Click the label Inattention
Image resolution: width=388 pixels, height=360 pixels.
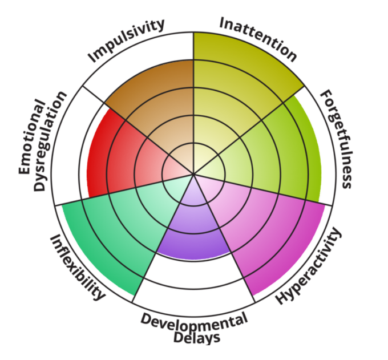click(x=258, y=39)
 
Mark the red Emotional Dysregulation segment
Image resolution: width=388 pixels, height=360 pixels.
click(x=114, y=160)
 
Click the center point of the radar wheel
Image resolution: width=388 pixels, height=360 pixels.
click(x=194, y=174)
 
